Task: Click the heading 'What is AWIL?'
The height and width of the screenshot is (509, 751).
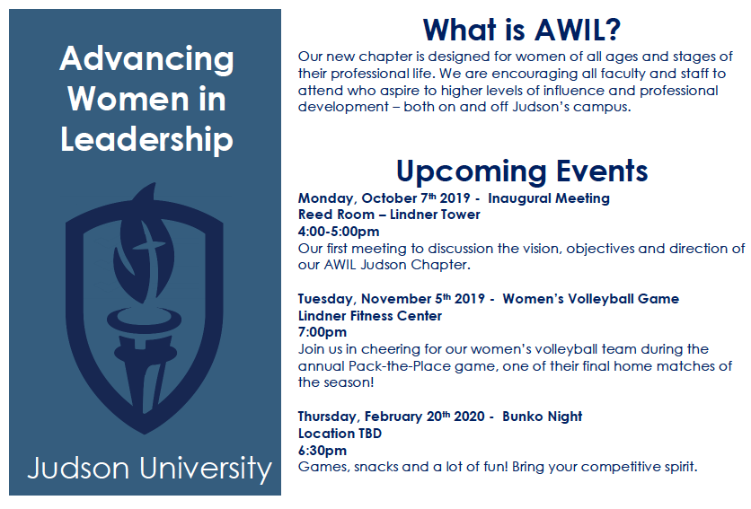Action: [x=522, y=30]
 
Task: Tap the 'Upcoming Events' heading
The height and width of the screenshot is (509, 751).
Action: [x=522, y=171]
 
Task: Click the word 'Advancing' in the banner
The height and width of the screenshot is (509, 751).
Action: [x=146, y=59]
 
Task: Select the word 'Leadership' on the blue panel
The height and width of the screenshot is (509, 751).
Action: [x=146, y=139]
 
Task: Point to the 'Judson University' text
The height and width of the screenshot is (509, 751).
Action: [x=149, y=469]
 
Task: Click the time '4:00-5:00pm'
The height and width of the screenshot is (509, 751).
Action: [x=339, y=232]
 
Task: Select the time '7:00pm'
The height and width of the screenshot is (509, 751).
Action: [x=322, y=332]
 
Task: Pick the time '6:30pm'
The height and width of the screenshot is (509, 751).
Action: [x=322, y=451]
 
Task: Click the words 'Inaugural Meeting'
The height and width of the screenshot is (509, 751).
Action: [x=549, y=198]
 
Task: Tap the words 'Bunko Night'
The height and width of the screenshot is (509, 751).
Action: [x=543, y=417]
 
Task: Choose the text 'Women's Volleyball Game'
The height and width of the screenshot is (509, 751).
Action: [x=590, y=299]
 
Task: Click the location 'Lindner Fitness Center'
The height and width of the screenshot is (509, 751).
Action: [x=370, y=316]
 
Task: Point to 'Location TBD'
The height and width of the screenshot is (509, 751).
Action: [x=340, y=434]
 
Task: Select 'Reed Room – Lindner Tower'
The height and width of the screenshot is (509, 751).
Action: [x=389, y=215]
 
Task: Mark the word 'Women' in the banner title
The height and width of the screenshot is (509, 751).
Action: [x=128, y=99]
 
